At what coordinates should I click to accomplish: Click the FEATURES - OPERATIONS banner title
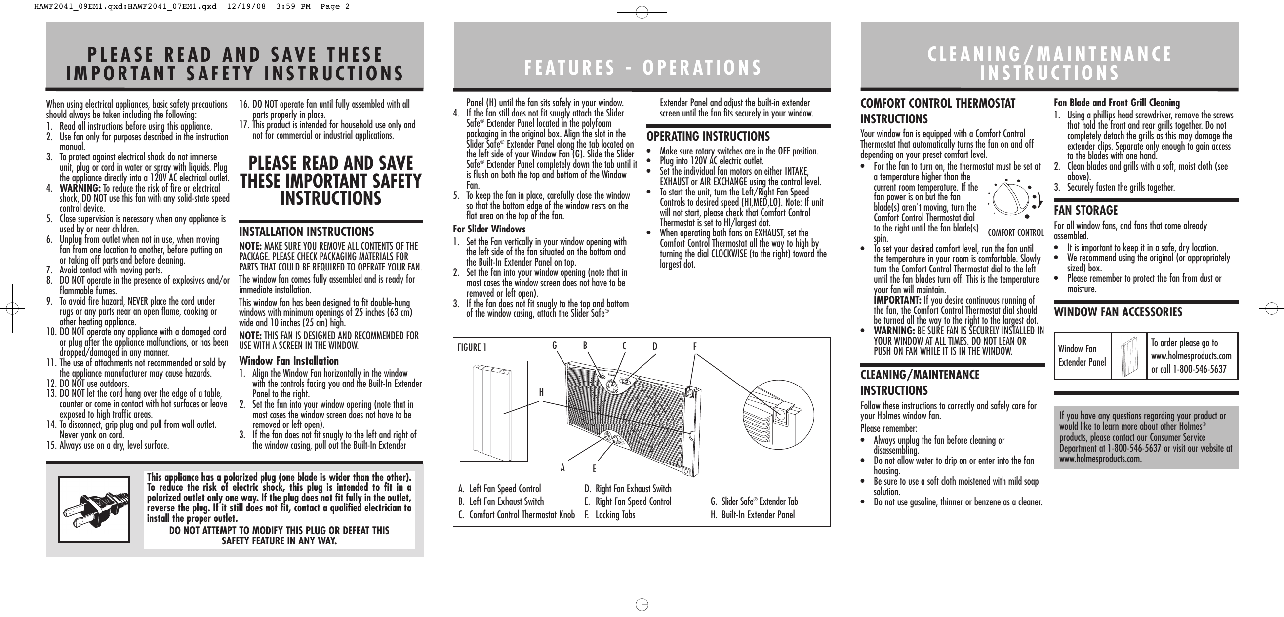(642, 67)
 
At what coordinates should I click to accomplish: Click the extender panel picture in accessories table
(1128, 356)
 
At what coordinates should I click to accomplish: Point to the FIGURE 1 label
(472, 347)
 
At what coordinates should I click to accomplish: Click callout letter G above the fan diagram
(554, 346)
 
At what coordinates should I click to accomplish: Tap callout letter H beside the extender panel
(541, 392)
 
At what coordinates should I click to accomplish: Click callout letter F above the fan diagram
(694, 346)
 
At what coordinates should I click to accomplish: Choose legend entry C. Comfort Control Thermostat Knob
(517, 514)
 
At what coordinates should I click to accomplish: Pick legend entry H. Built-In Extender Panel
(752, 514)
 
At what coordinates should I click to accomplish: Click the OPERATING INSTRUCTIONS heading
(708, 137)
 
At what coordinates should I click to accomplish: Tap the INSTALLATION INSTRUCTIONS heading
(306, 232)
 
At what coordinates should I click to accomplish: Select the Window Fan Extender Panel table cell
(1082, 355)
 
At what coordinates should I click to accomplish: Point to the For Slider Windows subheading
(489, 229)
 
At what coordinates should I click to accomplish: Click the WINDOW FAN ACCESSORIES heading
(1118, 312)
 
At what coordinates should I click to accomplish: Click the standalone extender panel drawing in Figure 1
(493, 411)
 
